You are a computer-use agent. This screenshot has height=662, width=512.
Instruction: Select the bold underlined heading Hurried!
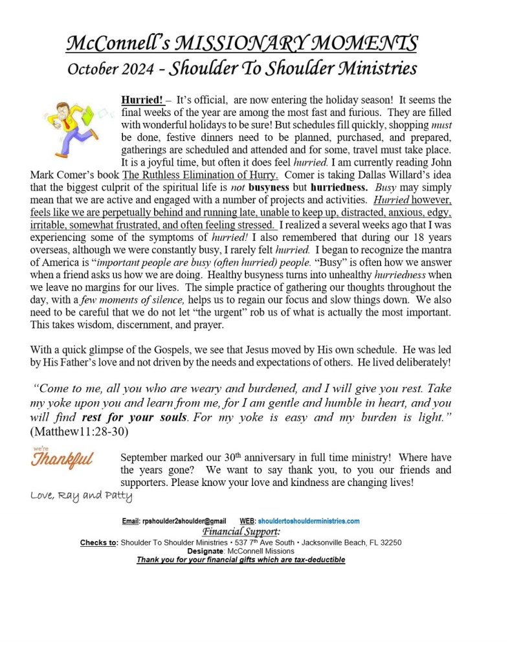[x=140, y=100]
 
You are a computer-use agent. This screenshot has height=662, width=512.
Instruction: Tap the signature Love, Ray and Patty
[x=81, y=496]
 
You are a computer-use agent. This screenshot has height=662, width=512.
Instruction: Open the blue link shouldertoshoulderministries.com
[x=308, y=521]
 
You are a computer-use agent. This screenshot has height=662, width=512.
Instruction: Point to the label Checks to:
[x=98, y=542]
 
